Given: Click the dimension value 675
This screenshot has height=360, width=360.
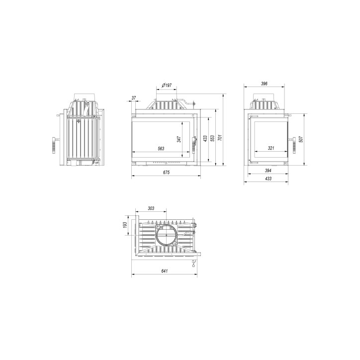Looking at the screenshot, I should [x=166, y=173].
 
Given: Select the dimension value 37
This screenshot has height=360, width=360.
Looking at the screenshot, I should [x=134, y=97].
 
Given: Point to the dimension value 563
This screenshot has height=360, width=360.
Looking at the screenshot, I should [x=161, y=149].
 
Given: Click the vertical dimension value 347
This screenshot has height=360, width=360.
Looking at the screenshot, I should [x=179, y=140].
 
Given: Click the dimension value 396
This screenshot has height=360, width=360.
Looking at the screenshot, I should [x=265, y=84].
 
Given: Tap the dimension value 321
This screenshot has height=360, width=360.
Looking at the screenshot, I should [x=271, y=148].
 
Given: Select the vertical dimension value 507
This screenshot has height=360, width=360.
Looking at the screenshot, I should [x=301, y=140].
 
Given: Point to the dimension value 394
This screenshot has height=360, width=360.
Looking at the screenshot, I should [x=269, y=171].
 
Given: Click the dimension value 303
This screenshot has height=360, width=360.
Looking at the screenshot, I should [x=151, y=208].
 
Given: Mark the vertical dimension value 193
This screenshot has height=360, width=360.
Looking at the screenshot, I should [x=126, y=226].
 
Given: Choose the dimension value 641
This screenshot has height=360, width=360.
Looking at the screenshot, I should [x=165, y=271].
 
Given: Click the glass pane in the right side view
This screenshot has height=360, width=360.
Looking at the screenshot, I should [x=269, y=137].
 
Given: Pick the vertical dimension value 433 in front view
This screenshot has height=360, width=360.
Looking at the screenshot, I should [x=205, y=138].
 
